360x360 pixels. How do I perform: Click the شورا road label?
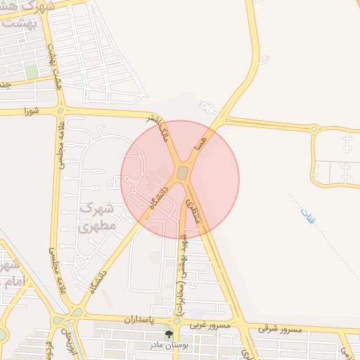coord(31,111)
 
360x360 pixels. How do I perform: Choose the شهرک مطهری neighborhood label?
coord(97,217)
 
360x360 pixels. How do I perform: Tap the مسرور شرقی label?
coord(279,329)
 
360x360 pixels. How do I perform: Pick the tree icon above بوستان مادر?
coord(167,334)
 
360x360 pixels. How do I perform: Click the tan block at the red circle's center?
coord(182,173)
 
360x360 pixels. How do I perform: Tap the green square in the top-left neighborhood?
coord(31,72)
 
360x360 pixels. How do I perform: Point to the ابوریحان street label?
coord(68,340)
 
